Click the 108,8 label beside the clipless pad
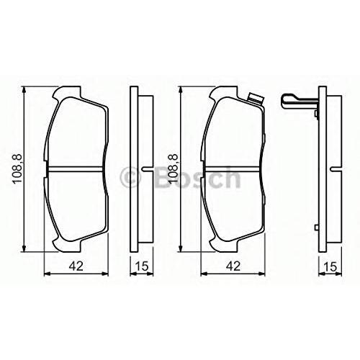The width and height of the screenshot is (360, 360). pos(18,169)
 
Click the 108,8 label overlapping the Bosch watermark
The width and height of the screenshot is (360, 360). pos(174,169)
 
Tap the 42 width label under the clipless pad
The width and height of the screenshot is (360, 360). pos(76,266)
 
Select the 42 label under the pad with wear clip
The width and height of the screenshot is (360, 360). pos(233,266)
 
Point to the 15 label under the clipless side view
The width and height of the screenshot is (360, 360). pos(142,266)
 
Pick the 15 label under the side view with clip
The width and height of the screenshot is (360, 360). pos(330,266)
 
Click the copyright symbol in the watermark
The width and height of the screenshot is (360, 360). pos(130,177)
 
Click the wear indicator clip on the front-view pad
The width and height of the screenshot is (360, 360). pos(256,98)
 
